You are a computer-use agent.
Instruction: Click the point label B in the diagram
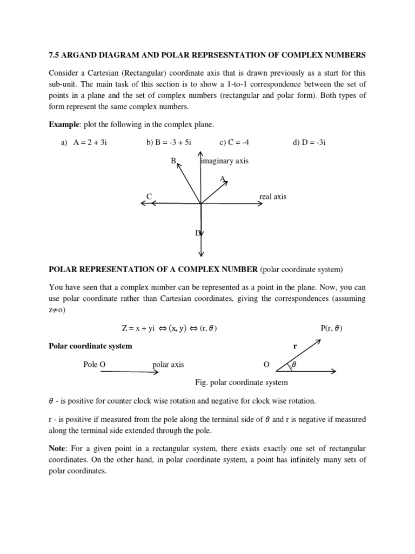pyautogui.click(x=174, y=161)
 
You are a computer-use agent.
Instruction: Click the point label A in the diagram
pyautogui.click(x=222, y=179)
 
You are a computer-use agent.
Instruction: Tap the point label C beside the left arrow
pyautogui.click(x=149, y=196)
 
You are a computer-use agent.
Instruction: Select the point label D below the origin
pyautogui.click(x=198, y=233)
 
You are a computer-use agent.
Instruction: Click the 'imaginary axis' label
pyautogui.click(x=225, y=161)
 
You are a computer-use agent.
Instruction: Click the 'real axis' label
pyautogui.click(x=273, y=196)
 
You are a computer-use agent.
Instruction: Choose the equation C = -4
pyautogui.click(x=235, y=142)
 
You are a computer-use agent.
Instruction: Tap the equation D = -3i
pyautogui.click(x=309, y=142)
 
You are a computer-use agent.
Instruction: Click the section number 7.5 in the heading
pyautogui.click(x=55, y=55)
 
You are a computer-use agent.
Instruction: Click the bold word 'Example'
pyautogui.click(x=64, y=124)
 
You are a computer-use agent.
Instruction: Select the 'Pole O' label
pyautogui.click(x=94, y=364)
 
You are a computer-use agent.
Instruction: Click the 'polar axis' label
pyautogui.click(x=168, y=364)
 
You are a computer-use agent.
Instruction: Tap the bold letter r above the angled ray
pyautogui.click(x=294, y=346)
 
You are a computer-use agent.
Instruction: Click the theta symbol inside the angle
pyautogui.click(x=294, y=365)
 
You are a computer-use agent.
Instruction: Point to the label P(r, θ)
pyautogui.click(x=331, y=328)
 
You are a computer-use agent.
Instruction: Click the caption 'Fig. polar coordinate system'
pyautogui.click(x=241, y=382)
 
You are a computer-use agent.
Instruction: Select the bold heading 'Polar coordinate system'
pyautogui.click(x=90, y=346)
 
